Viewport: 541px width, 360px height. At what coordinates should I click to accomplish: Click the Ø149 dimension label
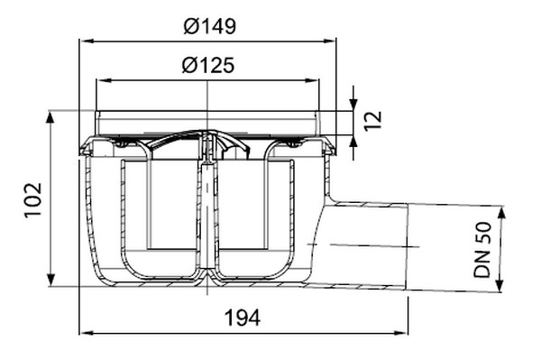click(x=209, y=26)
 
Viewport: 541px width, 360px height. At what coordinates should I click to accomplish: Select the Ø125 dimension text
click(x=208, y=65)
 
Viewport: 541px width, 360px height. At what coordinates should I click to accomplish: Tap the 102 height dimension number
click(x=33, y=199)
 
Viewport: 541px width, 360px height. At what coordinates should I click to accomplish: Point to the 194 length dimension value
click(x=243, y=318)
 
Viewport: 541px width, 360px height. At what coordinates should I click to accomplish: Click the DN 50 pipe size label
click(x=482, y=250)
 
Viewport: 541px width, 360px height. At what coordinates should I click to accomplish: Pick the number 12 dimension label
click(x=373, y=121)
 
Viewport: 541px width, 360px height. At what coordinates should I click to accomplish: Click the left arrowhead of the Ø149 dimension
click(x=87, y=42)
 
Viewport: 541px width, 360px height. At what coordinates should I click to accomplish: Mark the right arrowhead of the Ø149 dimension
click(x=329, y=42)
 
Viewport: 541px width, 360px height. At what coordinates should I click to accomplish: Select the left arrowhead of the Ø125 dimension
click(x=104, y=81)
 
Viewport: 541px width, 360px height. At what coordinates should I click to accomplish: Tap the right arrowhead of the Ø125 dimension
click(x=312, y=81)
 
